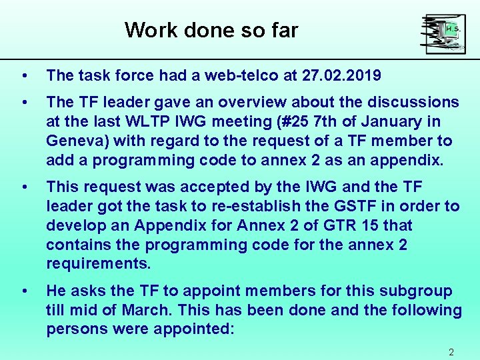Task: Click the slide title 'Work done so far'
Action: click(211, 30)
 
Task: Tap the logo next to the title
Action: click(443, 34)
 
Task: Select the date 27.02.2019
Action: click(341, 76)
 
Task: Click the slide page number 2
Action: click(451, 352)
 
